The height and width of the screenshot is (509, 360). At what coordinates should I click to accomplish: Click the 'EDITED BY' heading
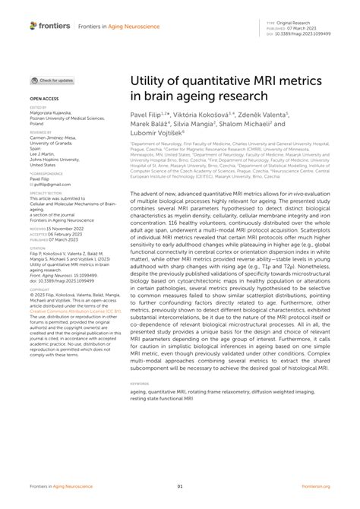38,109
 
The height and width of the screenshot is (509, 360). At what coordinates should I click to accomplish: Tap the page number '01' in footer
180,487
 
